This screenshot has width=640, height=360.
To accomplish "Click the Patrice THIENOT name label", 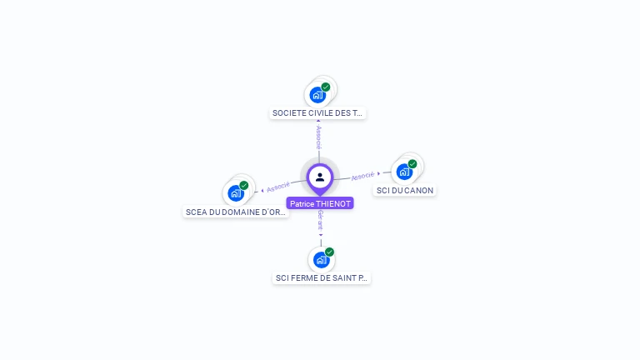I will click(x=320, y=203).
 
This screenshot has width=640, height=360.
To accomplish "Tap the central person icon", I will click(x=320, y=177).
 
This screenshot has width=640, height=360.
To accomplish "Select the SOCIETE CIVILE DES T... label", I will click(x=318, y=112).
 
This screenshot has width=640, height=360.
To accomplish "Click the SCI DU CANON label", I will click(x=405, y=190).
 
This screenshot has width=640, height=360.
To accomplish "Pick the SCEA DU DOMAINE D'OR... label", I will click(x=236, y=212).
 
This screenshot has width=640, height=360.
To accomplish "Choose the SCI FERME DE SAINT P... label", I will click(x=321, y=277).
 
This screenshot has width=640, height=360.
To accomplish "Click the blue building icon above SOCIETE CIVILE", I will click(x=317, y=94).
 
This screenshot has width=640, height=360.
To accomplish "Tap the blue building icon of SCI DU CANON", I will click(x=404, y=172).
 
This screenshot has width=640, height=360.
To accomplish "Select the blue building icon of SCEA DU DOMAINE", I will click(x=236, y=193).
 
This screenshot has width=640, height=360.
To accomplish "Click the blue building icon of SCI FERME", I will click(x=320, y=259).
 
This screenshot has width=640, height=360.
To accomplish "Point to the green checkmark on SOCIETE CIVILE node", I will click(x=326, y=87).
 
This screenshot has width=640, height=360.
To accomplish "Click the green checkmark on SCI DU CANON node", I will click(x=412, y=164).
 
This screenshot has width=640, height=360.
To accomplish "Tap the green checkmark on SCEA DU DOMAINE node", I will click(x=244, y=186).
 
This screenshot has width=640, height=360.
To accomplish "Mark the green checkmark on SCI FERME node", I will click(x=329, y=252).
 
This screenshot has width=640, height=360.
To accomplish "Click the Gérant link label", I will click(x=320, y=219).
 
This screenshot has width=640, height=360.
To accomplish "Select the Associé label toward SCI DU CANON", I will click(x=362, y=177).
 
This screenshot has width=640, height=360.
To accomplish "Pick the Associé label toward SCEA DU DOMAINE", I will click(x=278, y=186).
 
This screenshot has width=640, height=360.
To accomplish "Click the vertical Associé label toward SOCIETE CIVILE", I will click(x=318, y=137).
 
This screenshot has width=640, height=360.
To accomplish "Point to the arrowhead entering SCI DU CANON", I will click(x=379, y=174).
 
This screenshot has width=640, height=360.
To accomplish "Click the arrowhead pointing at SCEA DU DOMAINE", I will click(x=262, y=190).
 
